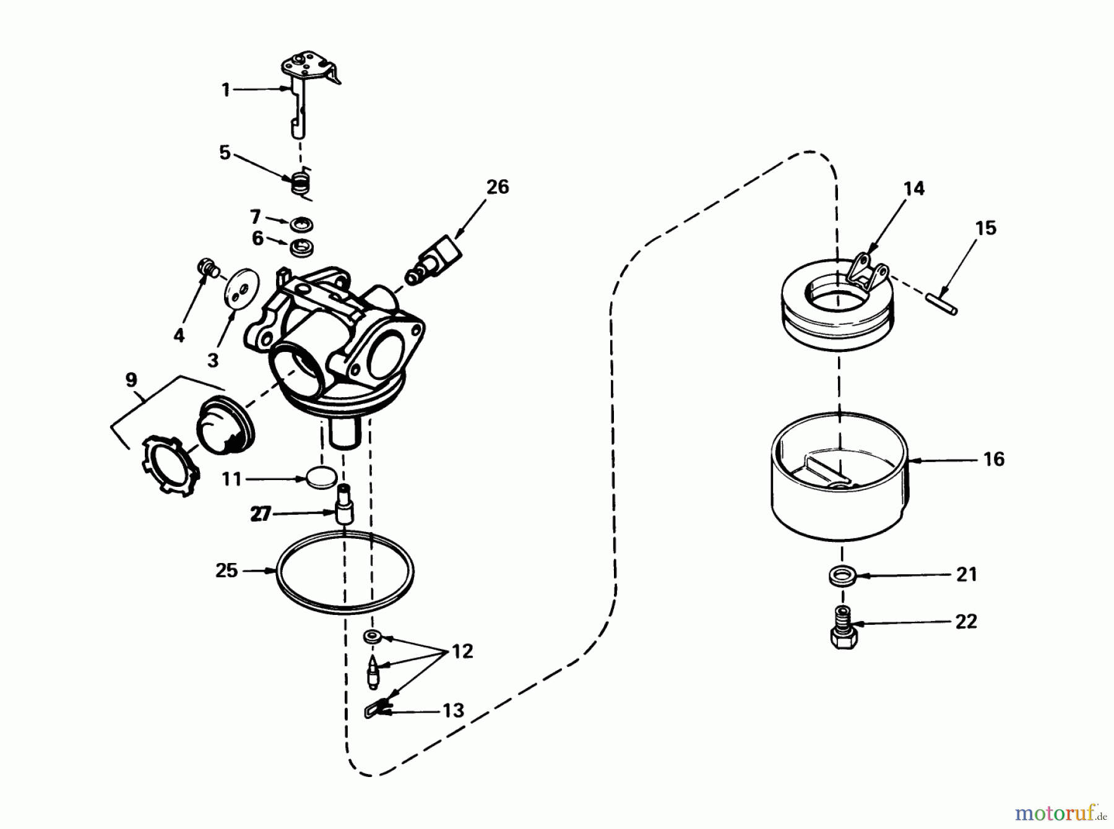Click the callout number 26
tap(498, 187)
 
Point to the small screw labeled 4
tap(206, 268)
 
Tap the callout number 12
tap(462, 651)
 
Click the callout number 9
tap(131, 380)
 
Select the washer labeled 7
tap(303, 223)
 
